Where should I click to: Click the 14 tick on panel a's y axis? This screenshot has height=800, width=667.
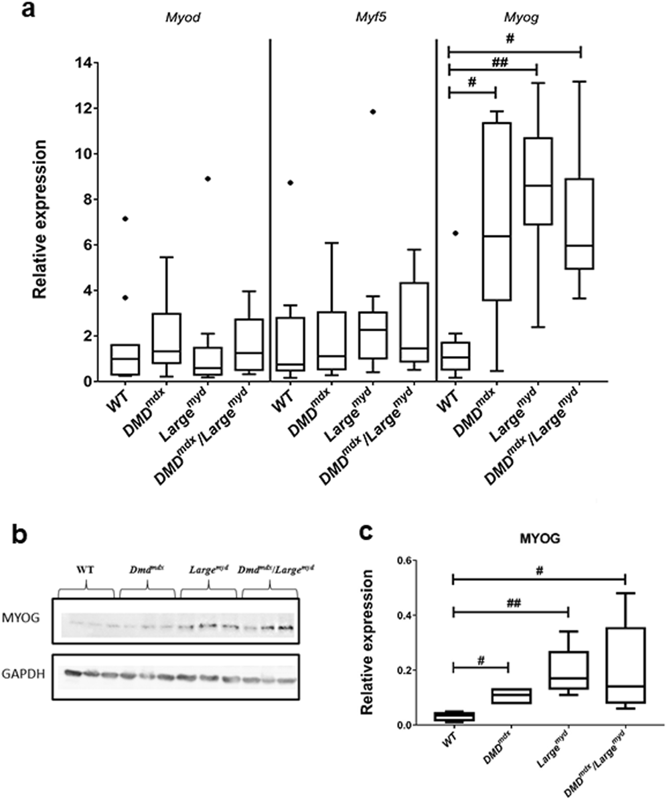click(x=87, y=63)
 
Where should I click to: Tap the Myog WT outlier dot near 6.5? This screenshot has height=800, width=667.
click(x=455, y=233)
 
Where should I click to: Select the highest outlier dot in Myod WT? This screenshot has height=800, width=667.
click(x=125, y=218)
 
